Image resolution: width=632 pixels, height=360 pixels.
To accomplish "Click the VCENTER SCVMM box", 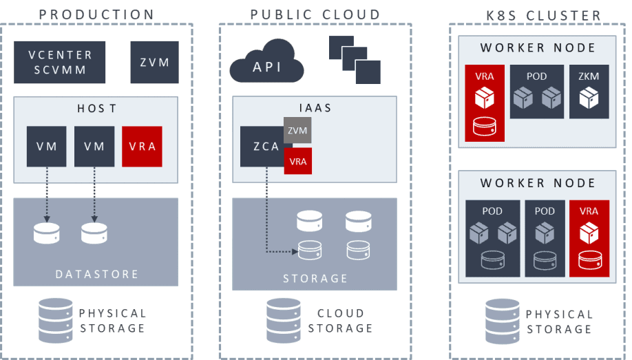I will click(61, 62).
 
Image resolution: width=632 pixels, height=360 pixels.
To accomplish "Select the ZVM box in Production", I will click(154, 62).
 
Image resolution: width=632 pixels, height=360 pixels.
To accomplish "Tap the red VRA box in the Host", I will click(142, 147).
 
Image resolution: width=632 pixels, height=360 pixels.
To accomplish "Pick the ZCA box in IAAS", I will click(266, 147).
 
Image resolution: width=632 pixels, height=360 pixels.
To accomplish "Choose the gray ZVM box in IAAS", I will click(297, 130).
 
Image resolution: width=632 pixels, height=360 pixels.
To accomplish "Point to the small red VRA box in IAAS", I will click(297, 162).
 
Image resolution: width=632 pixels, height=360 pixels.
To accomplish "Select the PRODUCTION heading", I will click(96, 14).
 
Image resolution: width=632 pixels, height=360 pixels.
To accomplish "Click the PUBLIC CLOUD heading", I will click(315, 14).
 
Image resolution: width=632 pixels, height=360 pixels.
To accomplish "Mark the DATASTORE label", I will click(96, 274).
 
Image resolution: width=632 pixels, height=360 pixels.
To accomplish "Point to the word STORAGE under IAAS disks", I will click(315, 278).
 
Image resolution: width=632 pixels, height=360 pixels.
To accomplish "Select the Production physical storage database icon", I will click(56, 319).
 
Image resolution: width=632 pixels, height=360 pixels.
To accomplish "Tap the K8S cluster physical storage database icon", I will click(503, 319).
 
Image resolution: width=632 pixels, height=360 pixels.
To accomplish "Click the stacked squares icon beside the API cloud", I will click(355, 59).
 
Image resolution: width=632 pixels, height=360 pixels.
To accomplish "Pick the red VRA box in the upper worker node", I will click(485, 103).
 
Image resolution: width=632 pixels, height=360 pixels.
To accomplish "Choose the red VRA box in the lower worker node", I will click(589, 238).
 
